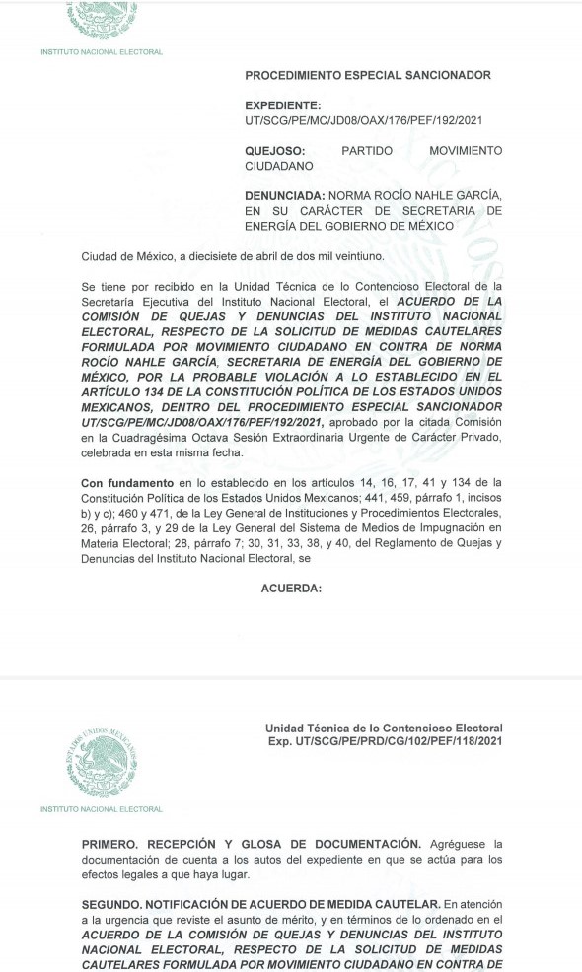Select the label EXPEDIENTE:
[x=282, y=105]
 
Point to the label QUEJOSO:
[x=275, y=151]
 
